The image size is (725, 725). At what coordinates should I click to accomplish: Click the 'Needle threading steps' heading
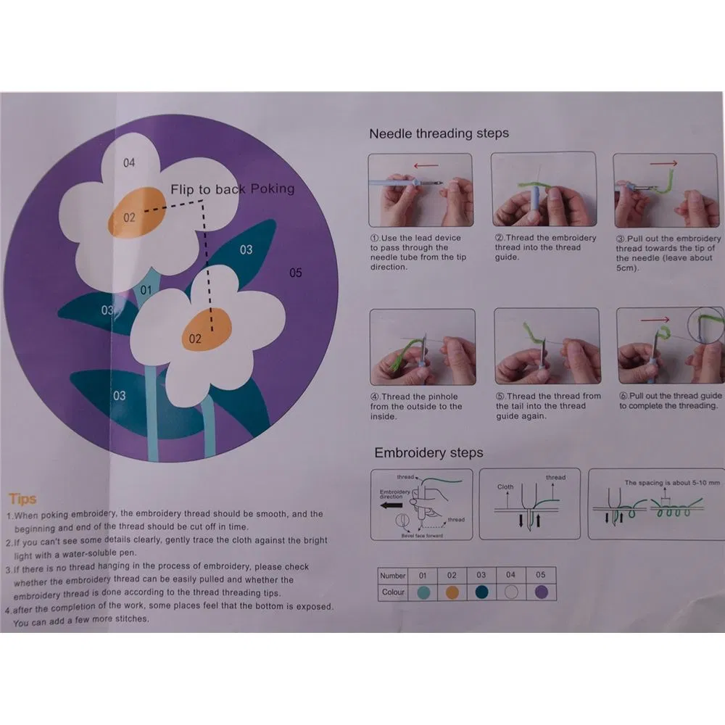point(439,133)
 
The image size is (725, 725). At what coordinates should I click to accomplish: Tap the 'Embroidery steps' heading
point(428,453)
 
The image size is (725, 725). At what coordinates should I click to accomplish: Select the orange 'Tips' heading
point(22,499)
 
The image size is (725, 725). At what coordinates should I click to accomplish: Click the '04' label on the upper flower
point(129,163)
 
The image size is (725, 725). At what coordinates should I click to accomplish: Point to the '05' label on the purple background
point(295,273)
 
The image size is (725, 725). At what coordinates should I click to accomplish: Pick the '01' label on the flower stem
point(146,291)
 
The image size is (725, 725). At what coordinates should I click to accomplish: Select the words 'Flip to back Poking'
point(233,189)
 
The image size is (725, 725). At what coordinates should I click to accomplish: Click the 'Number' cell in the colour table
point(393,576)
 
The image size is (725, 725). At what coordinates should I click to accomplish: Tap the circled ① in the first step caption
point(375,238)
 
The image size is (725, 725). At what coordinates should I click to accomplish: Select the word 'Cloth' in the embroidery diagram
point(505,487)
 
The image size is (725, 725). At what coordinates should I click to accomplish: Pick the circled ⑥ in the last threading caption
point(623,396)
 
